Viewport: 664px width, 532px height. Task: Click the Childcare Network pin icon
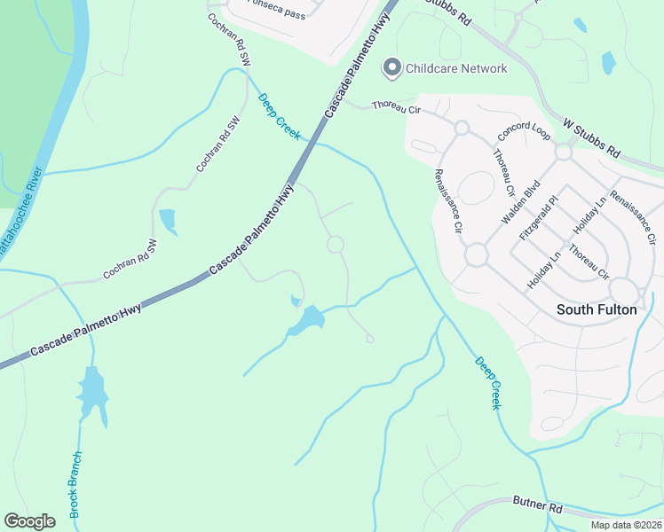click(x=391, y=68)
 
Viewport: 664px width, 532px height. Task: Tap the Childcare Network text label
click(x=456, y=68)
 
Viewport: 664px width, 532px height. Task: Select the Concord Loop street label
click(x=525, y=131)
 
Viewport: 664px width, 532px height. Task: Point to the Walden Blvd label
click(x=520, y=203)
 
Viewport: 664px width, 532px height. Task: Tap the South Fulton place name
click(x=596, y=309)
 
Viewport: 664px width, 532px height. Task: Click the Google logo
click(x=29, y=521)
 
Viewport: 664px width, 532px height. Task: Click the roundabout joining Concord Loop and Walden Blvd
click(x=563, y=153)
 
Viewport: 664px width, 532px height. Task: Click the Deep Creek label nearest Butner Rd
click(x=487, y=382)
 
